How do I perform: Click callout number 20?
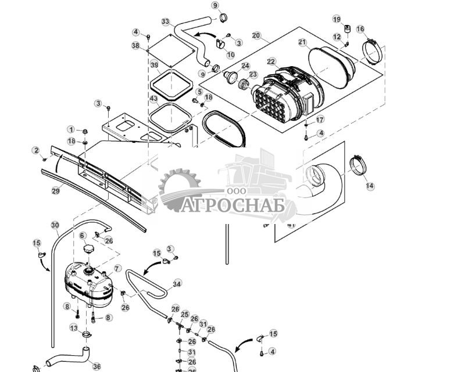point(256,35)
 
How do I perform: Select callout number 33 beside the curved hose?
point(166,21)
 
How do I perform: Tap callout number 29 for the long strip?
point(56,190)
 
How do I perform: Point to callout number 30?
point(55,225)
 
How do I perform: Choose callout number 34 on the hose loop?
point(177,284)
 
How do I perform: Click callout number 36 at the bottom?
point(96,367)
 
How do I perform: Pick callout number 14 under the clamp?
point(370,186)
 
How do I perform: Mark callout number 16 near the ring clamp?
point(360,29)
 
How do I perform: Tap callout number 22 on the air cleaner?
point(271,62)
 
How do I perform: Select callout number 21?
point(302,42)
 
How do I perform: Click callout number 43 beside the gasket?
point(153,99)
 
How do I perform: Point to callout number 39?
point(155,64)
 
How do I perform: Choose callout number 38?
point(135,45)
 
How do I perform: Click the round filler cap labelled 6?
point(89,249)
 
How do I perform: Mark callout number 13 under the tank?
point(74,328)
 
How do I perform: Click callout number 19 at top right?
point(337,19)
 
